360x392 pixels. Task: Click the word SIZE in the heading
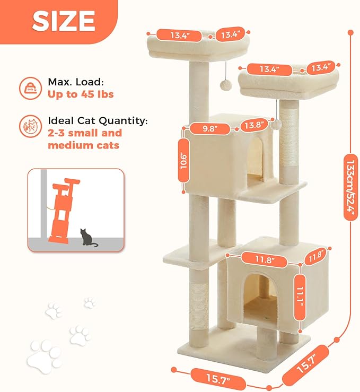[64, 20]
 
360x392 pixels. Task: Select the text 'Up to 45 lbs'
[81, 95]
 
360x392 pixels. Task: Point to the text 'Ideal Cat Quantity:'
[98, 120]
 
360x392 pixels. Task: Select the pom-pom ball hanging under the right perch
[276, 124]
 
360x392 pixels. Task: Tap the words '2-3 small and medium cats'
[85, 139]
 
